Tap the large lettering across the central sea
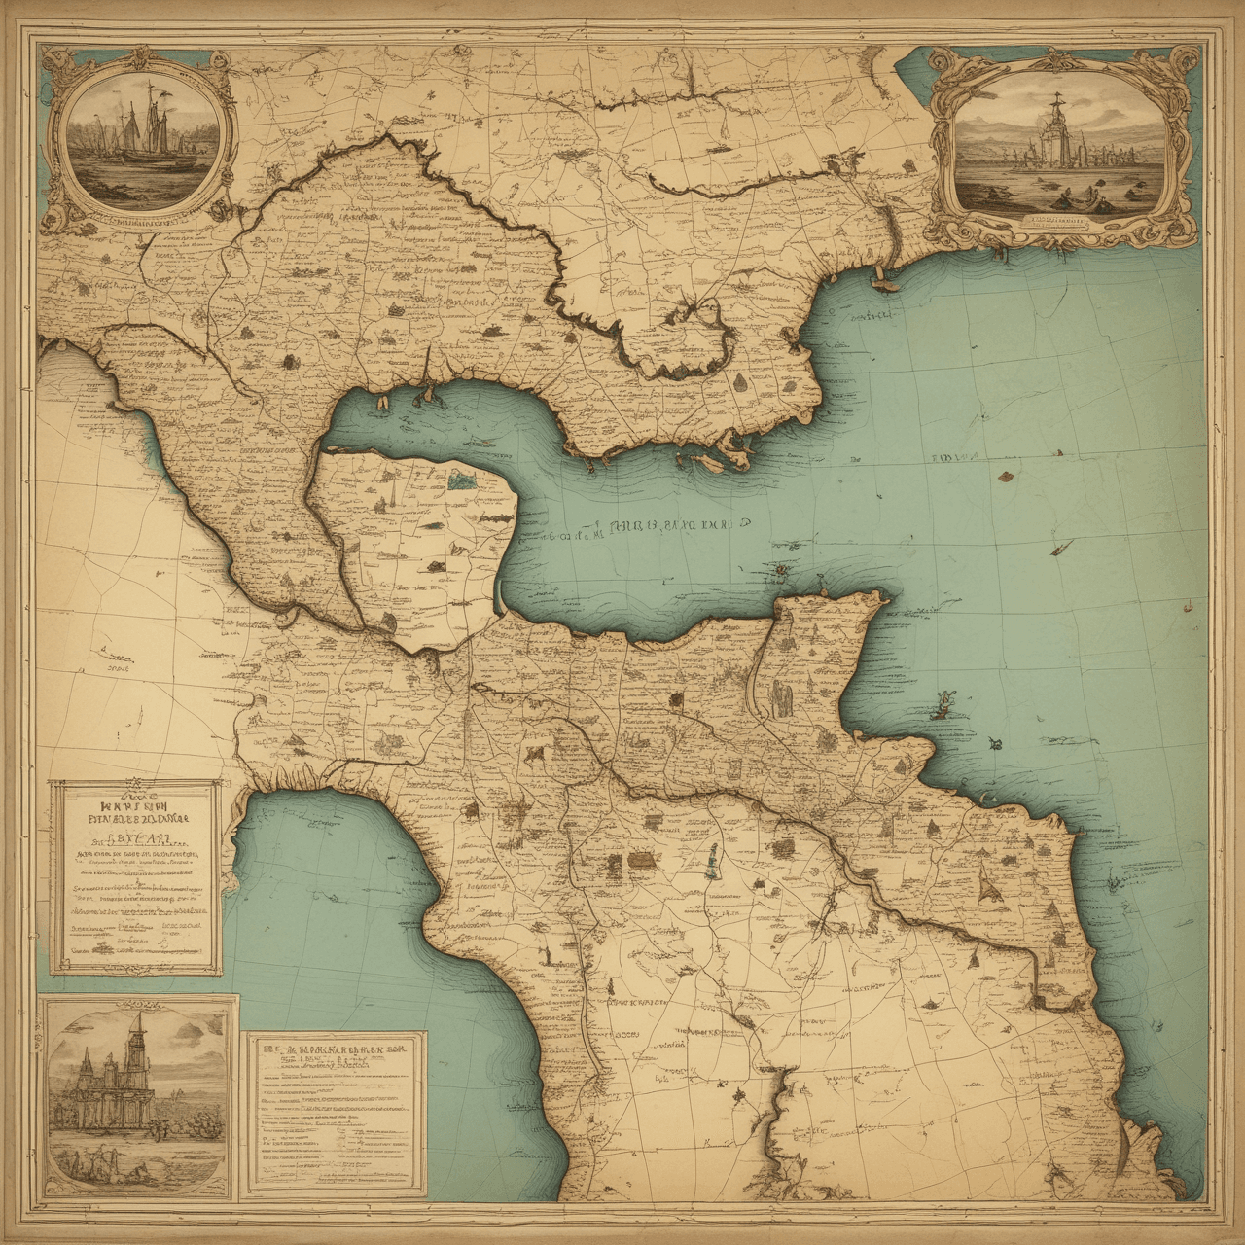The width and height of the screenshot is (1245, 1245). click(x=671, y=528)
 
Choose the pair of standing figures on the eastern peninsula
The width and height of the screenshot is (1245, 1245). click(x=780, y=698)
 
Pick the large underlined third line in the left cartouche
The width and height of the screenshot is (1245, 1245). click(x=137, y=836)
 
